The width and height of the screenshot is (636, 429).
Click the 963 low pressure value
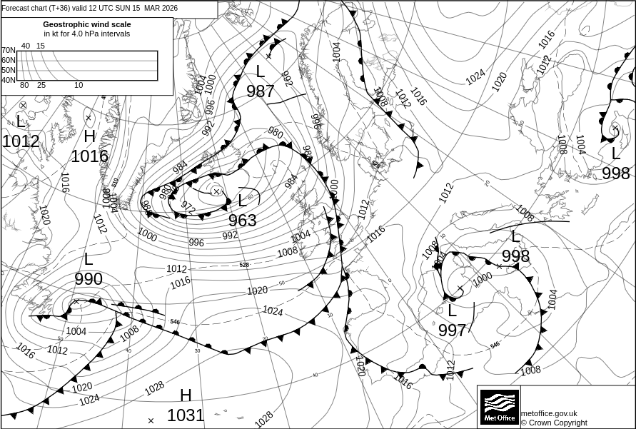click(x=242, y=221)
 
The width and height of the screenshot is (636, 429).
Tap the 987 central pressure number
click(x=261, y=91)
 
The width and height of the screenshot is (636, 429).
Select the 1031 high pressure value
click(x=186, y=415)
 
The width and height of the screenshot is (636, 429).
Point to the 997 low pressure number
click(x=452, y=330)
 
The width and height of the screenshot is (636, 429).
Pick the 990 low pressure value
click(x=89, y=279)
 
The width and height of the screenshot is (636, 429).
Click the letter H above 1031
click(x=186, y=395)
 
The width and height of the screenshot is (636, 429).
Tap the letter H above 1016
click(x=89, y=137)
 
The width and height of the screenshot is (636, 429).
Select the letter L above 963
click(x=242, y=201)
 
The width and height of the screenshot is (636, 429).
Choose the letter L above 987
click(x=260, y=71)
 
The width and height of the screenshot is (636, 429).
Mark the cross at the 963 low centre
click(x=216, y=191)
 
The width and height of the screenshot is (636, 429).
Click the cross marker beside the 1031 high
click(x=151, y=421)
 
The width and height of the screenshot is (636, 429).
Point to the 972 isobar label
click(x=188, y=206)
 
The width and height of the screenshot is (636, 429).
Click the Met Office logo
click(x=499, y=407)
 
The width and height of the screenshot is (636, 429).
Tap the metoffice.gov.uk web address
click(x=549, y=413)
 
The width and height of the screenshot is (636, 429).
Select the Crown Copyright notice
click(x=554, y=423)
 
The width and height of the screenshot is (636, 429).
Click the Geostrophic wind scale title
click(x=87, y=24)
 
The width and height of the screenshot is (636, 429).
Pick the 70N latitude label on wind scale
click(x=8, y=51)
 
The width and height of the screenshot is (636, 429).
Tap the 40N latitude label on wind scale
click(x=8, y=80)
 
